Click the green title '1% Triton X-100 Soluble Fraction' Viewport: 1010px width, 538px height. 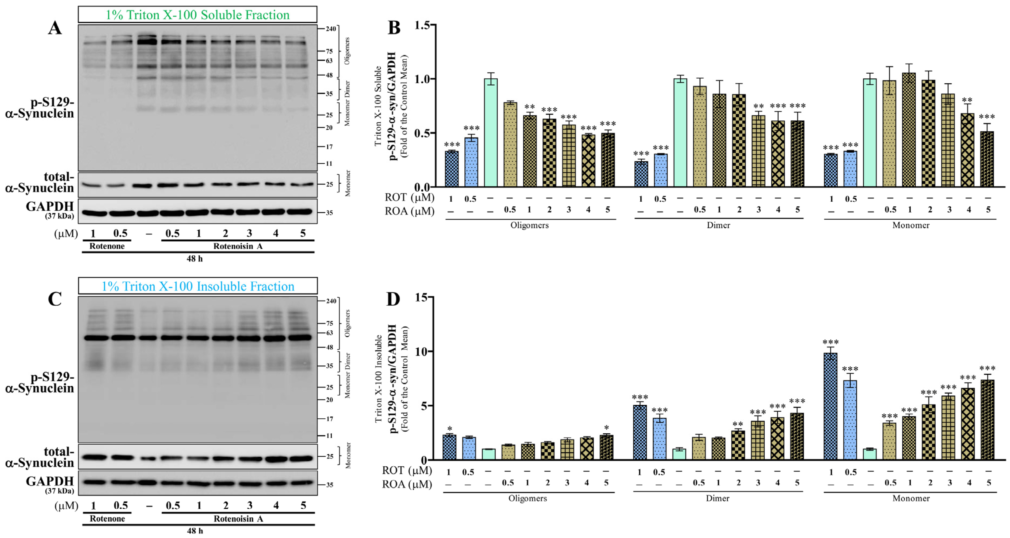[198, 15]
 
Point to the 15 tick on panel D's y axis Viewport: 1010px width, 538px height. [422, 298]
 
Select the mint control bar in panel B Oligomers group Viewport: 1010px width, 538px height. [490, 133]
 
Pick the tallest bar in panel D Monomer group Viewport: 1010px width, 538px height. [831, 406]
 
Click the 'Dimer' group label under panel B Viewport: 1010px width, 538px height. [718, 225]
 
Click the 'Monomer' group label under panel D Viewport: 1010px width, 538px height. [911, 498]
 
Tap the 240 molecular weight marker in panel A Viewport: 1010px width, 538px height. [331, 29]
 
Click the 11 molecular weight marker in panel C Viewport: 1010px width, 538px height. [329, 436]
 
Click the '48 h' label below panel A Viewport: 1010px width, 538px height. [194, 259]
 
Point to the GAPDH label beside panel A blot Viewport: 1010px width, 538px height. [50, 206]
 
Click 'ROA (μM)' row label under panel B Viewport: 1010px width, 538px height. [409, 211]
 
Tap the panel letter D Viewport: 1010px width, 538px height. [393, 299]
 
